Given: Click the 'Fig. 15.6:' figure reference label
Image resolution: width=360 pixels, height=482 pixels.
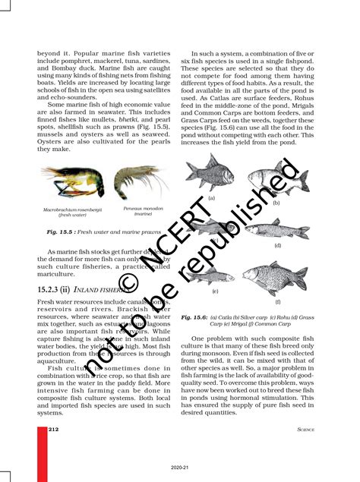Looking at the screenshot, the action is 195,317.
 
